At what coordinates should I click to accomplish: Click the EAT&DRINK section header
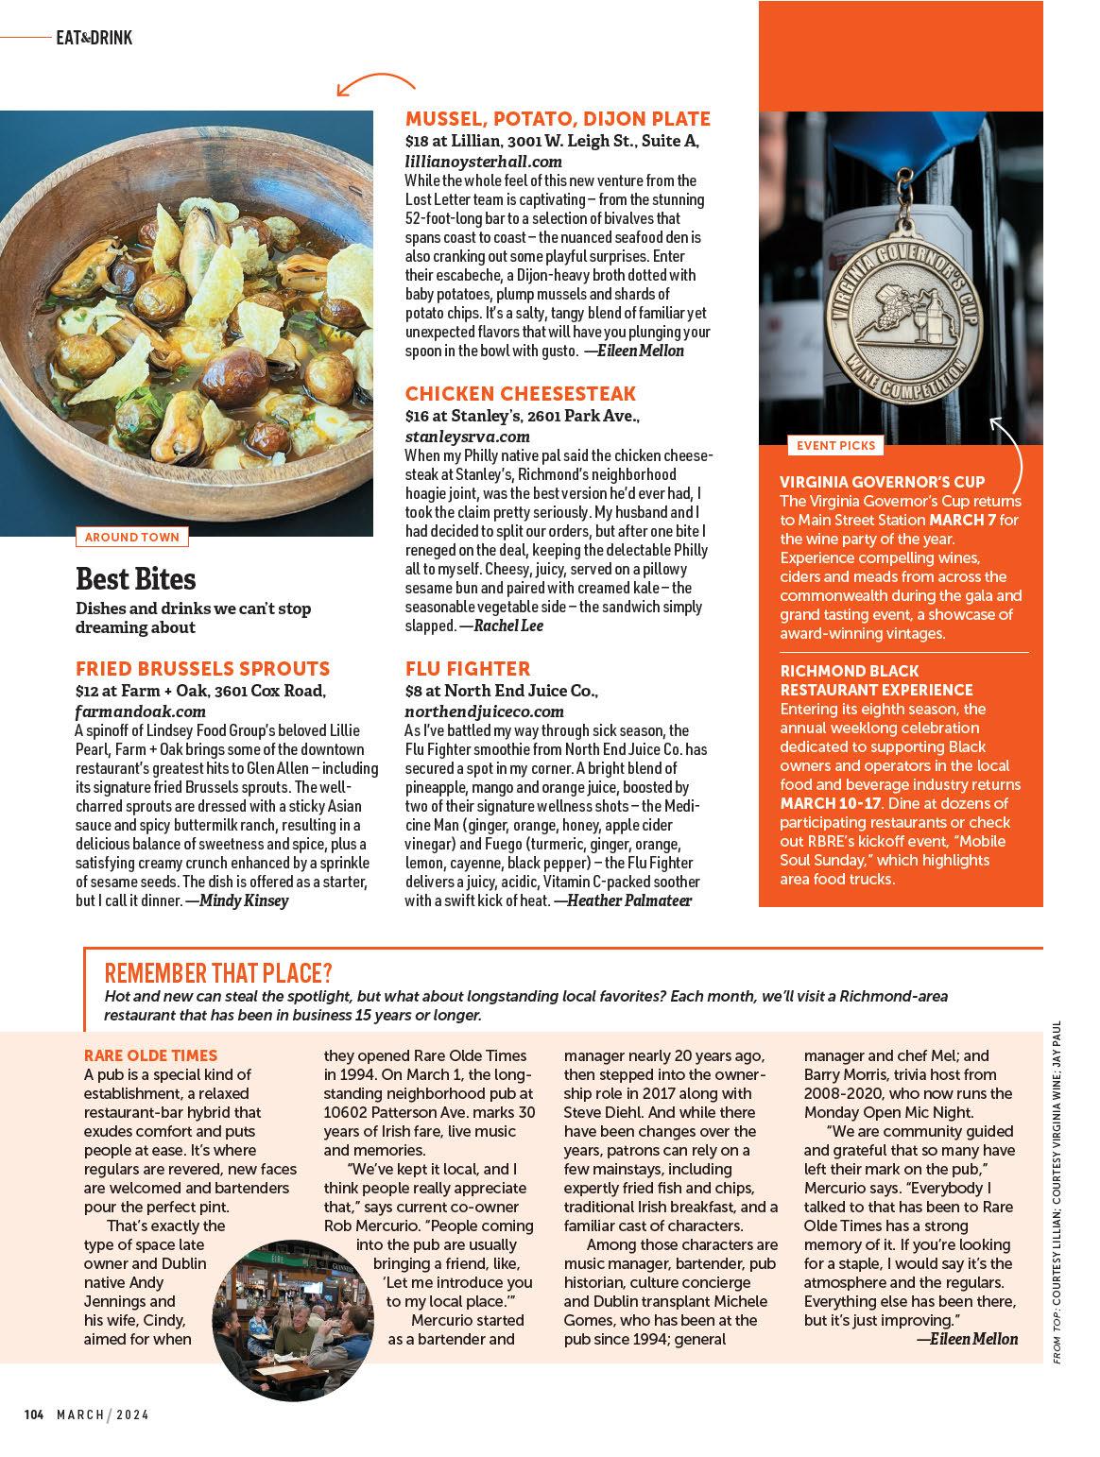click(x=94, y=38)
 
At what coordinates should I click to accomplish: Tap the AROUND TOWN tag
click(x=131, y=537)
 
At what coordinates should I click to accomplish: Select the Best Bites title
click(x=135, y=578)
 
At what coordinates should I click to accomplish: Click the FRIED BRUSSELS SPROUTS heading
click(x=202, y=669)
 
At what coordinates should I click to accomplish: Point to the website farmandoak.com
click(x=140, y=711)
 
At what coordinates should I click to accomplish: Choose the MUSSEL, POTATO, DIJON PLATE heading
click(x=558, y=118)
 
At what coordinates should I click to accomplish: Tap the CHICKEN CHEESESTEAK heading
click(x=521, y=393)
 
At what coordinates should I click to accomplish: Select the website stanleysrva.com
click(x=467, y=437)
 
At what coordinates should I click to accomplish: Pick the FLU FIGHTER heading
click(x=468, y=668)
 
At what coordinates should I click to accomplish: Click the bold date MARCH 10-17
click(x=831, y=803)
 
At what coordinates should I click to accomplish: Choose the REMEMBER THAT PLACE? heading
click(x=218, y=972)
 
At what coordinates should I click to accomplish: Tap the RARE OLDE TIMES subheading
click(x=150, y=1055)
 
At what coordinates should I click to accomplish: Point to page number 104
click(x=34, y=1414)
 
